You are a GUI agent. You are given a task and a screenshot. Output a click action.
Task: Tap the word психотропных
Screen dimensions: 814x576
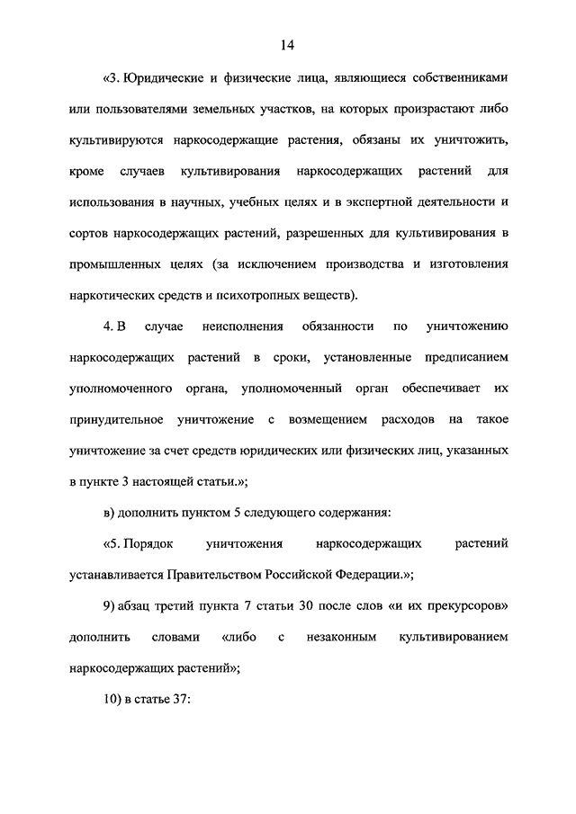(254, 294)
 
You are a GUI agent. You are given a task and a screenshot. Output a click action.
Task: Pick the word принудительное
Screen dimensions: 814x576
(115, 419)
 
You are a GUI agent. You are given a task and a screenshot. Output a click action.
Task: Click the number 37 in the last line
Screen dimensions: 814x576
(173, 699)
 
